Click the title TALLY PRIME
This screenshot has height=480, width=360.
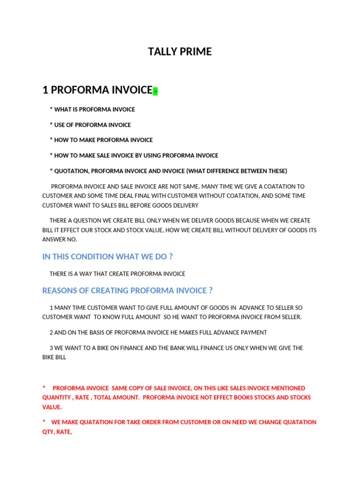180,52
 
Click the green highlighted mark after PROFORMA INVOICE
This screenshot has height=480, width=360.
155,91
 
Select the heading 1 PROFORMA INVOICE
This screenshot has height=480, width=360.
97,90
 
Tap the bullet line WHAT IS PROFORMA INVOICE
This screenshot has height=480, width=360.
94,110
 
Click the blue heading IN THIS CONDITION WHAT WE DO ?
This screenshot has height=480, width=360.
107,257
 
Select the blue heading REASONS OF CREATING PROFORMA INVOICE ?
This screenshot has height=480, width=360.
127,291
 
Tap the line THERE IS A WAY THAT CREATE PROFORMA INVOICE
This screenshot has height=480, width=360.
117,274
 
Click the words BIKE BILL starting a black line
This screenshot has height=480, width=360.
54,357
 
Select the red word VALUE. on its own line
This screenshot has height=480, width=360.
52,407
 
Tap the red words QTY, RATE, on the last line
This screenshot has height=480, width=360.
57,432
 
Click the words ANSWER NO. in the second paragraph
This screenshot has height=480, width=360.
60,239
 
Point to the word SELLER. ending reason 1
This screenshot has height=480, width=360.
291,317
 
